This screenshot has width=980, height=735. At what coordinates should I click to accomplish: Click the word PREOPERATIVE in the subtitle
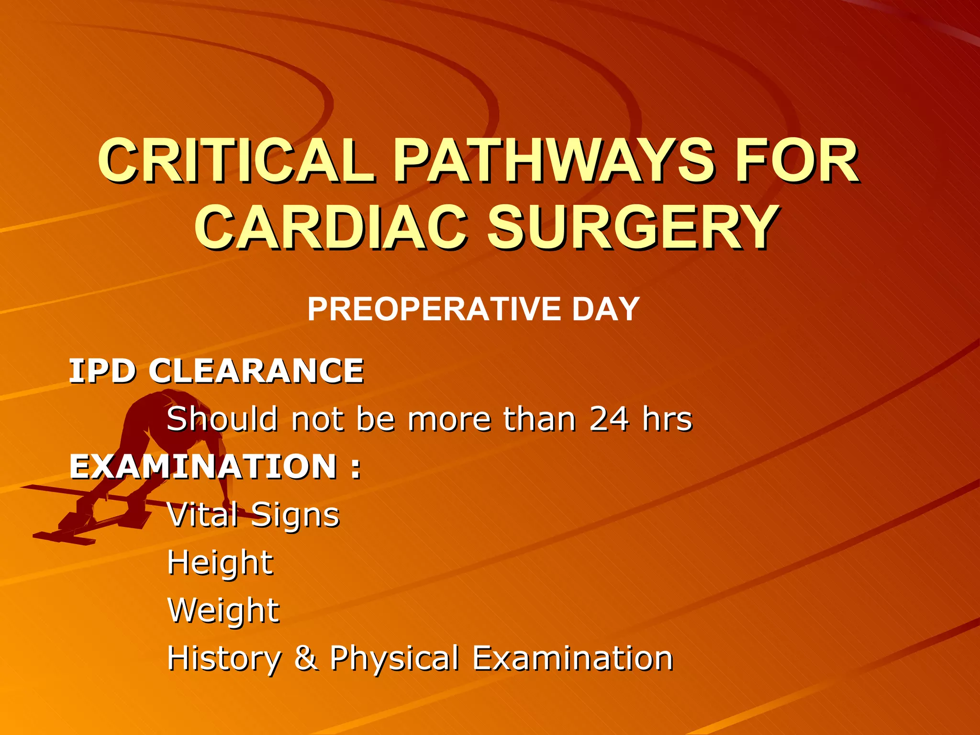[433, 309]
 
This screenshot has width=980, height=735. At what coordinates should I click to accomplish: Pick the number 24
[609, 419]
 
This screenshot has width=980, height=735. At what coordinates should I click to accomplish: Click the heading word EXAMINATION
[203, 467]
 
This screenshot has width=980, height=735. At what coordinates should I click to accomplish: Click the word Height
[220, 564]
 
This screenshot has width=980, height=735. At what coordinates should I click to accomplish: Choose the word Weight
[223, 611]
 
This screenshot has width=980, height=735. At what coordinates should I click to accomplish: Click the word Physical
[394, 658]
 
